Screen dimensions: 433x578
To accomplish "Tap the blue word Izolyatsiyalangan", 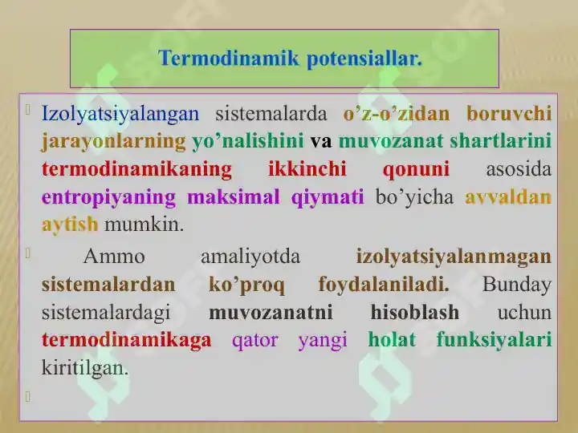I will click(120, 113).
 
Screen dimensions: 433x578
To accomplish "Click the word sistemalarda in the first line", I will click(271, 113).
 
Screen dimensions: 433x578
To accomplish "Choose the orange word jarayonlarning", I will click(113, 141).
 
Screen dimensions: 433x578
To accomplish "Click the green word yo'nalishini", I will click(247, 141).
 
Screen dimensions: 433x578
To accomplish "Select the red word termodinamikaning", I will click(136, 169).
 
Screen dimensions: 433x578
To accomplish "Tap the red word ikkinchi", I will click(307, 169).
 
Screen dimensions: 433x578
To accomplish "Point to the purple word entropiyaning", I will click(108, 197).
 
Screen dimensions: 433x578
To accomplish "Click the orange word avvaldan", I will click(508, 197).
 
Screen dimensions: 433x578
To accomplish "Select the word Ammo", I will click(114, 257).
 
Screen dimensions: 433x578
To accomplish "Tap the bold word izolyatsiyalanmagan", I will click(454, 257).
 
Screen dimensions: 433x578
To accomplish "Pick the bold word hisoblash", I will click(415, 312).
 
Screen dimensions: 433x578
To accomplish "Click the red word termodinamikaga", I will click(126, 340).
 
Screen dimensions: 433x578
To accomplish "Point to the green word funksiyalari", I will click(494, 340).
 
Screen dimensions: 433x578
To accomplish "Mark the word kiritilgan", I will click(84, 368).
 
